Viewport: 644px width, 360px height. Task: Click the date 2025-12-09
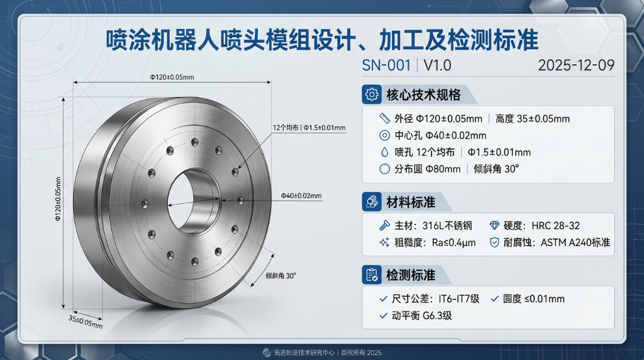click(x=577, y=65)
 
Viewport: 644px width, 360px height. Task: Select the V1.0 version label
click(x=437, y=65)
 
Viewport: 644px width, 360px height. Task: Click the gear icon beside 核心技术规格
click(x=372, y=95)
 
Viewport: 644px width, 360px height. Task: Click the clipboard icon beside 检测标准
click(x=372, y=275)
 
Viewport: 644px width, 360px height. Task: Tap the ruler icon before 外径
click(x=385, y=118)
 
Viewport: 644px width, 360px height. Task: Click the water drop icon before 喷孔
click(x=385, y=152)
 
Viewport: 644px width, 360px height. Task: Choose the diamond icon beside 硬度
click(x=494, y=225)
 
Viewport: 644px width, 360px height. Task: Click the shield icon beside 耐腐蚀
click(x=494, y=242)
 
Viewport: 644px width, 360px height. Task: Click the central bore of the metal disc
click(x=196, y=201)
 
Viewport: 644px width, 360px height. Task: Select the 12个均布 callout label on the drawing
click(x=287, y=128)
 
